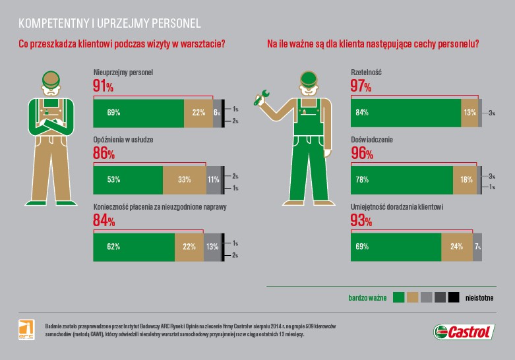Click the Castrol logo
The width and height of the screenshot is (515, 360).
click(463, 332)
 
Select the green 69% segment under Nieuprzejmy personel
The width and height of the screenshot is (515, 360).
click(138, 113)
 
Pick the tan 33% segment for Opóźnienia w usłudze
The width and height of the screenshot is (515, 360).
click(184, 179)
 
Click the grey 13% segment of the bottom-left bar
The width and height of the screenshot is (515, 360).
click(212, 247)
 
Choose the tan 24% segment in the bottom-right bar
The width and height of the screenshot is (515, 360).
click(456, 247)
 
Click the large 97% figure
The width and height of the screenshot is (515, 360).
click(361, 86)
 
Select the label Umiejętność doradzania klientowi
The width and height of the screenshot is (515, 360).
click(396, 206)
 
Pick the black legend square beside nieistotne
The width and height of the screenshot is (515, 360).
click(454, 297)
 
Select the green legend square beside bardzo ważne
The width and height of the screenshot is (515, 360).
click(398, 297)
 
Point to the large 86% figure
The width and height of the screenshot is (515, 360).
click(104, 154)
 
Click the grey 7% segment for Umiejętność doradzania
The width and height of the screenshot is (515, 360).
click(477, 247)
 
